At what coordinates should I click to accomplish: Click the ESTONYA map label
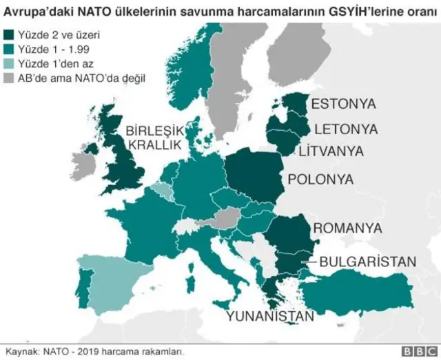tap(343, 104)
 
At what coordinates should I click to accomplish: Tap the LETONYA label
tap(345, 129)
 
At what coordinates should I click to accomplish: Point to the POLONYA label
tap(320, 180)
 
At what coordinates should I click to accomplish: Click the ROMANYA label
tap(347, 228)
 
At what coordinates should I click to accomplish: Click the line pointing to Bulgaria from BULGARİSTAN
tap(308, 262)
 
